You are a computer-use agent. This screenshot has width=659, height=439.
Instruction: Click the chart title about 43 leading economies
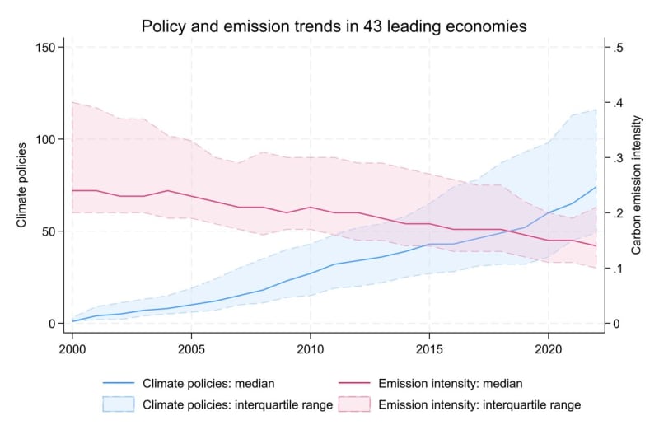334,26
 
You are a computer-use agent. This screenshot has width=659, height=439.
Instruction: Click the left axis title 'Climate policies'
21,185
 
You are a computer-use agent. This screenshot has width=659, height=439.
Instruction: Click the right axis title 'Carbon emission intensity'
636,185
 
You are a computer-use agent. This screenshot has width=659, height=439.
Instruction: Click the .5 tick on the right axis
617,48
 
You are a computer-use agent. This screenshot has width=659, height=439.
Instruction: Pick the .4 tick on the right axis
617,103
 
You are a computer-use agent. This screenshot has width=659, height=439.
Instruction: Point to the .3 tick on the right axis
617,158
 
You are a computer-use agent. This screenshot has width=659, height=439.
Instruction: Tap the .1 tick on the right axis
617,269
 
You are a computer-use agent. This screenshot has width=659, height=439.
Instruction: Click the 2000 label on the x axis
72,338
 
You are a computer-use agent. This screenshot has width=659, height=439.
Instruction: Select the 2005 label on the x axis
191,338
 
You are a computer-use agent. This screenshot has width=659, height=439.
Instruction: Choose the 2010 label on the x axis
311,338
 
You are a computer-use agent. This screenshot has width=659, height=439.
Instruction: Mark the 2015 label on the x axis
429,338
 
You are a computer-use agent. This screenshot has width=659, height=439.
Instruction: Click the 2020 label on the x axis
549,338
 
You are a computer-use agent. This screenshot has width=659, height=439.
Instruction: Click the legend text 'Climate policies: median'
208,383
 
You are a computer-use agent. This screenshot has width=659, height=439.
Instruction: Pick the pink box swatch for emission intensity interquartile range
357,404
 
